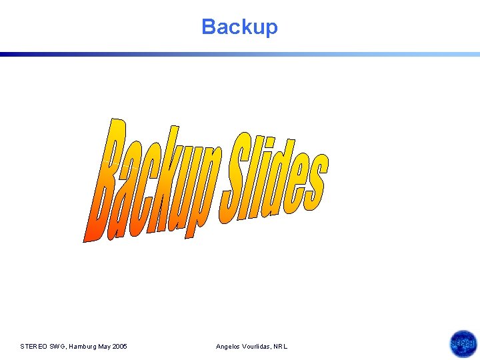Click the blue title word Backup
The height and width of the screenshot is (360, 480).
pos(239,27)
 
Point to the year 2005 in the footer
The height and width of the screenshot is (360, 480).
pos(119,347)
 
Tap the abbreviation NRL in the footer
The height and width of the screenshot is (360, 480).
pos(281,347)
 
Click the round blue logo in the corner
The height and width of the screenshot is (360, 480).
pos(463,345)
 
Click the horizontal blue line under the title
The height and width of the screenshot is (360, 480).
pos(240,55)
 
